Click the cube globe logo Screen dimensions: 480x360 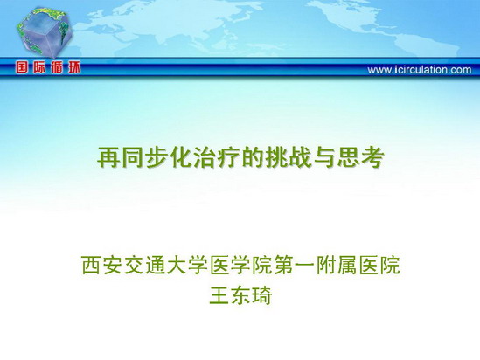44,32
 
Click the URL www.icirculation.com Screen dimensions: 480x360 420,70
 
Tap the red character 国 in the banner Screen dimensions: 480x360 23,67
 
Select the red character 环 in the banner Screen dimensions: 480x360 73,67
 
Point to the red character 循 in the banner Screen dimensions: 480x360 57,67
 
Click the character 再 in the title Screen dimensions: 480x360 108,157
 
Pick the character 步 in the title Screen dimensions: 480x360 157,157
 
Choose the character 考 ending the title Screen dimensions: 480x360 372,157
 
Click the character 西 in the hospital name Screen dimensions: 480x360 91,266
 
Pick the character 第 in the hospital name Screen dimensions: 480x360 283,266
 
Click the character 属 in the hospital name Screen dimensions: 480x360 347,266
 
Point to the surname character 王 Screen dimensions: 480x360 219,295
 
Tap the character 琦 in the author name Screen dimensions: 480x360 262,295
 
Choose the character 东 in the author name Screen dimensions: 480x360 240,295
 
